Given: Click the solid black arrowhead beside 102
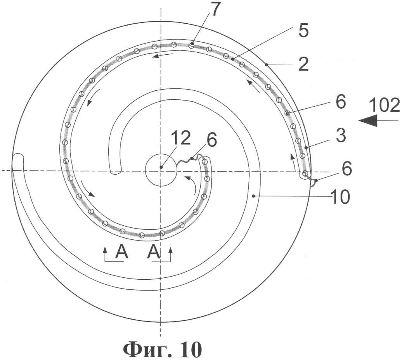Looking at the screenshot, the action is click(x=368, y=120).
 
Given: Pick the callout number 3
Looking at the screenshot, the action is click(x=341, y=136).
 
